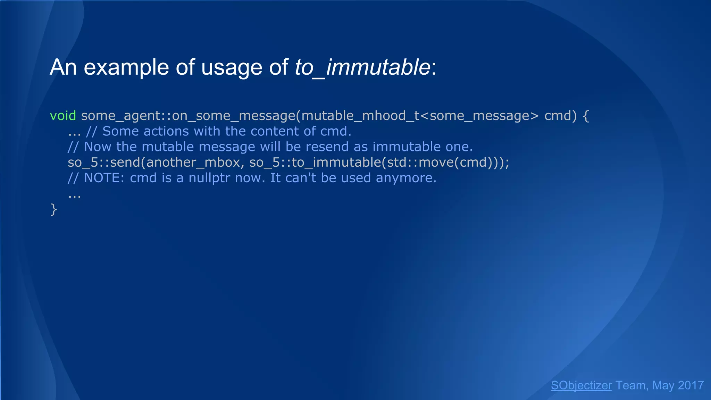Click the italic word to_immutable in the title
[x=362, y=67]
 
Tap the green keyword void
[x=63, y=116]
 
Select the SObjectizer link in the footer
[x=581, y=385]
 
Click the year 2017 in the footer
[x=691, y=385]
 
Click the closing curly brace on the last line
[x=53, y=209]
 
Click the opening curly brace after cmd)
[x=586, y=116]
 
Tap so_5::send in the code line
[x=105, y=162]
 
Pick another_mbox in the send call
[x=193, y=162]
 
